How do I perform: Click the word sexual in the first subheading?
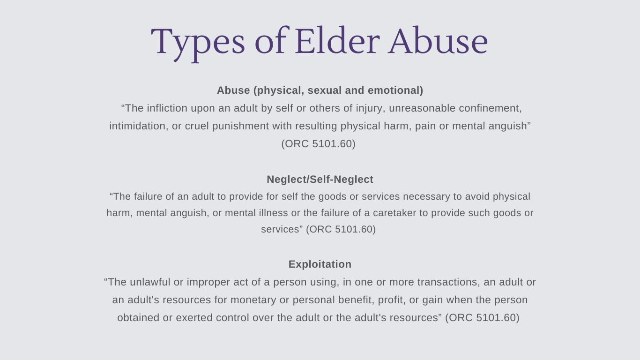[325, 90]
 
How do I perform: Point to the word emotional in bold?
[395, 90]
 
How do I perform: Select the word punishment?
[240, 126]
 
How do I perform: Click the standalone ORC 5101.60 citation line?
[318, 144]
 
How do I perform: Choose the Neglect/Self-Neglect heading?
[320, 179]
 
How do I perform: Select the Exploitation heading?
[320, 264]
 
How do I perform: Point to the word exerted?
[194, 318]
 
